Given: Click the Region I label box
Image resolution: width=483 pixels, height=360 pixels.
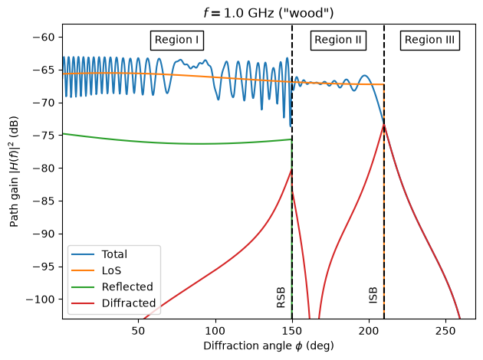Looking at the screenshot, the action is click(177, 41).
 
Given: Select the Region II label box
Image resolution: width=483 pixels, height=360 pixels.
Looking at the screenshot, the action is click(338, 41).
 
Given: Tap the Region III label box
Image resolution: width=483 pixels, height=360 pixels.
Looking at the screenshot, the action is click(429, 41).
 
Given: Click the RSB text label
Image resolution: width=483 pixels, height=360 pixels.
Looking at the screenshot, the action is click(281, 297).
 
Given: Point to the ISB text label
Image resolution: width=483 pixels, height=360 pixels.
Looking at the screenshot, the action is click(373, 296).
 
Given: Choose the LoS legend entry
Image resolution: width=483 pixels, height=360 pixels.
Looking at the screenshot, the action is click(96, 270).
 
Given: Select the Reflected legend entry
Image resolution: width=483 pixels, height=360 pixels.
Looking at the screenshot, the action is click(112, 286).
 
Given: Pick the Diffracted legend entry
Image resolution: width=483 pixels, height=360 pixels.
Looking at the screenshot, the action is click(113, 303).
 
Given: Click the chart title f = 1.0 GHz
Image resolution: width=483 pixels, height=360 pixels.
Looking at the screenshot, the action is click(268, 13).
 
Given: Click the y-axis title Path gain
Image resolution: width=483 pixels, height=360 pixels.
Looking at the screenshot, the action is click(14, 172).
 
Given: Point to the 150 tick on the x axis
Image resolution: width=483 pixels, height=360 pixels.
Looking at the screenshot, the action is click(292, 331).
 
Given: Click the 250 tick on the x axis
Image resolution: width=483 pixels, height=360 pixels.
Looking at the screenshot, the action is click(445, 331).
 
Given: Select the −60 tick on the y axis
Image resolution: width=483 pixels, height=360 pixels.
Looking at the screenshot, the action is click(44, 38).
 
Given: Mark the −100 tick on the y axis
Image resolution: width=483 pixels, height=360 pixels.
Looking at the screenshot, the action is click(41, 299).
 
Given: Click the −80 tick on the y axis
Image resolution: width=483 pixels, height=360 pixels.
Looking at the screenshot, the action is click(44, 169).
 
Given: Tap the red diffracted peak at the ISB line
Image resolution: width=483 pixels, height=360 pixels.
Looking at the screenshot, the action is click(384, 124).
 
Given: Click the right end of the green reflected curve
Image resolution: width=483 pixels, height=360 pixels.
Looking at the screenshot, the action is click(291, 139).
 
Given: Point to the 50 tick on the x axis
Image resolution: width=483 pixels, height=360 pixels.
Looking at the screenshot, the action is click(138, 331).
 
